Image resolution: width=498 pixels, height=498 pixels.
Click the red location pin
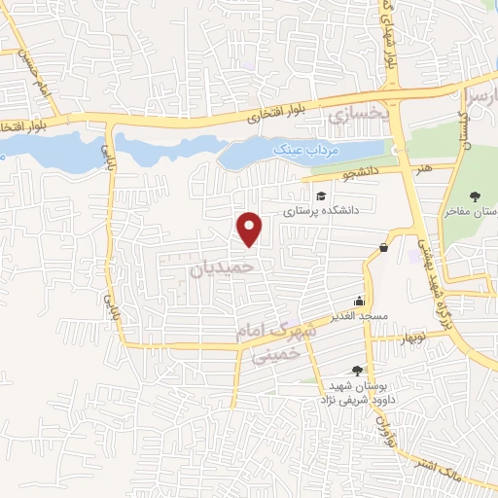(250, 228)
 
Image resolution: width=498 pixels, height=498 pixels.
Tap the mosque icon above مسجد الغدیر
(360, 301)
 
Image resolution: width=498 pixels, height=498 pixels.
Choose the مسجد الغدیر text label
(361, 315)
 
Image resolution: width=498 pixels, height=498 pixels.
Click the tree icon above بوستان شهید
(357, 370)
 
